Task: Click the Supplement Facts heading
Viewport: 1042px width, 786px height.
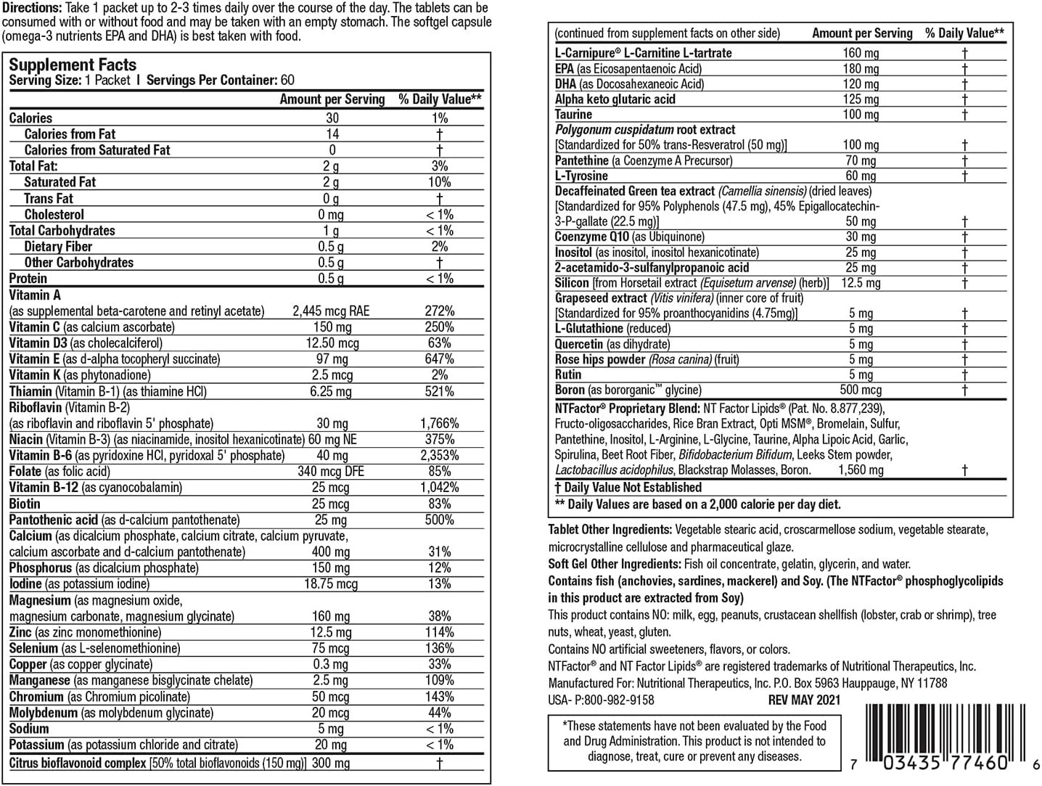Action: [x=73, y=65]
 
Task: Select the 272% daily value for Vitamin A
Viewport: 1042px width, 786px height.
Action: [x=440, y=311]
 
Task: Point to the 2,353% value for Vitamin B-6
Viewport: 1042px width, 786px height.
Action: [x=440, y=455]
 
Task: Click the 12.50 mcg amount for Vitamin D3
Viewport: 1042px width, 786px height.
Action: [x=332, y=343]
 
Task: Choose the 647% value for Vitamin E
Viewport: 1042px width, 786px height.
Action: [x=440, y=359]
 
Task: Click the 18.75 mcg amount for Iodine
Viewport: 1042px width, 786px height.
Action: [x=331, y=584]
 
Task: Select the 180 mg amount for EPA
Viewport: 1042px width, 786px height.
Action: [x=861, y=68]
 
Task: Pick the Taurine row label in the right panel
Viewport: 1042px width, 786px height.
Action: [x=573, y=115]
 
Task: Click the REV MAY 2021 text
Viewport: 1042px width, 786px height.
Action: [x=804, y=700]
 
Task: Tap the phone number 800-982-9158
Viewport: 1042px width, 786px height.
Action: [x=615, y=700]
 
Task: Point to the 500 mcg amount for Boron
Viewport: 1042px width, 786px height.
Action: [x=861, y=390]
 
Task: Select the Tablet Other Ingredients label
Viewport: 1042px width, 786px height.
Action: [x=610, y=530]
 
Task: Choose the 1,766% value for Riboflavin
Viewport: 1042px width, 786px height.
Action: [x=440, y=423]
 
